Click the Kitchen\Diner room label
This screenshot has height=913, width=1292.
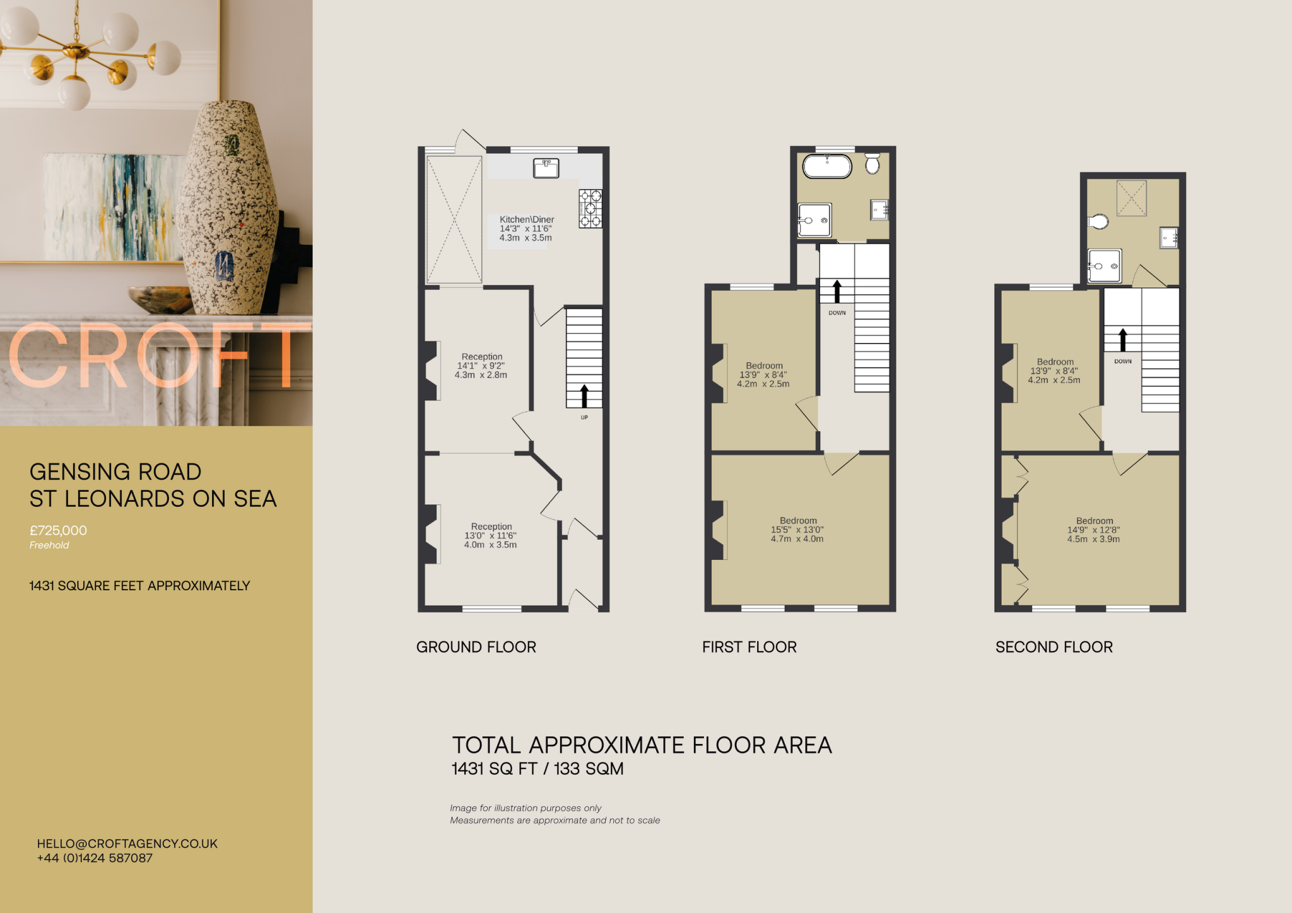(527, 219)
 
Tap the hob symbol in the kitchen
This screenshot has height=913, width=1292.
(590, 209)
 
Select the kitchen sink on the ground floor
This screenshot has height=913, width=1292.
(546, 168)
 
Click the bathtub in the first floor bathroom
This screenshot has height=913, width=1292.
(827, 166)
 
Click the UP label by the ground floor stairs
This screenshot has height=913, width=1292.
(584, 417)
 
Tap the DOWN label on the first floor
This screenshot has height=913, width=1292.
(837, 313)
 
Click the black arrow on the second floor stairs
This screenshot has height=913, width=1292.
(1123, 340)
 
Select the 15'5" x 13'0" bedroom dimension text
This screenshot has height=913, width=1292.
(797, 530)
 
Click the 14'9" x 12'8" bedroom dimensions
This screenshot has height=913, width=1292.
(1093, 530)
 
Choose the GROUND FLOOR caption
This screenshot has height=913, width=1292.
(476, 647)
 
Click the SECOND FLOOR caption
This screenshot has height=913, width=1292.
(1054, 647)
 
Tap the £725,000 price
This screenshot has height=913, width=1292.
(58, 531)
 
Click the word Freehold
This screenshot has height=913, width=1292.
(49, 545)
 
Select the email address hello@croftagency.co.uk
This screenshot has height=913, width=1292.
(127, 844)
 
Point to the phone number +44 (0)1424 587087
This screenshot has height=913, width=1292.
(95, 858)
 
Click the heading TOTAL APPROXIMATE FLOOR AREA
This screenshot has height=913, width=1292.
(642, 745)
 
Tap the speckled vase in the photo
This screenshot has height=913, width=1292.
(227, 208)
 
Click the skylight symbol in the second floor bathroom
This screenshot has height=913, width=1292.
(1131, 198)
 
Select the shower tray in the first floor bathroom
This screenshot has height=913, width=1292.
(814, 220)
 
